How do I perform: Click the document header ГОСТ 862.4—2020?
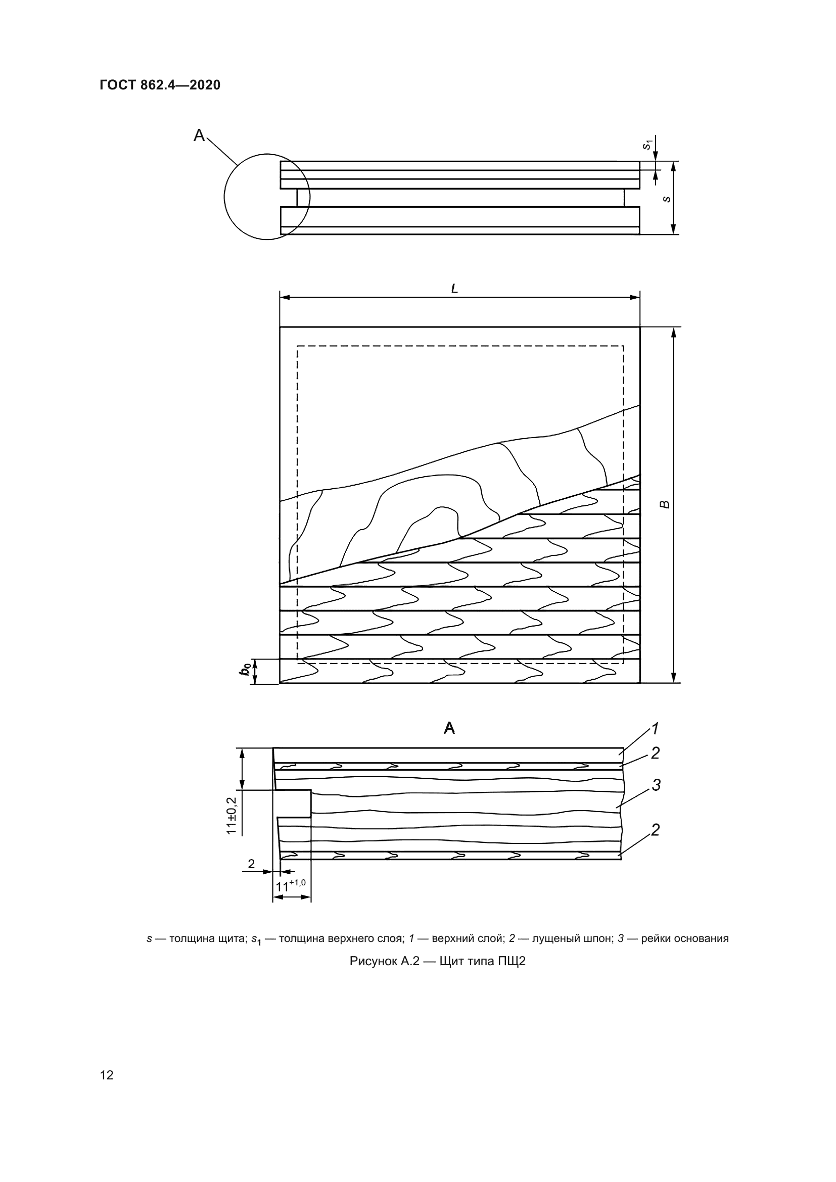(160, 85)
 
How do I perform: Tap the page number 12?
(107, 1075)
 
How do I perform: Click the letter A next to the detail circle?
(199, 135)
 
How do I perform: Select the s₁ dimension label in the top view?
(647, 145)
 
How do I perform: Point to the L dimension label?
(454, 289)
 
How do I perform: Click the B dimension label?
(665, 504)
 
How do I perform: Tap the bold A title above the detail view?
(449, 728)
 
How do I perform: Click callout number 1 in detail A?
(655, 729)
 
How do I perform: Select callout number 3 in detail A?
(656, 785)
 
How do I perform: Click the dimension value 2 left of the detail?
(251, 864)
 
